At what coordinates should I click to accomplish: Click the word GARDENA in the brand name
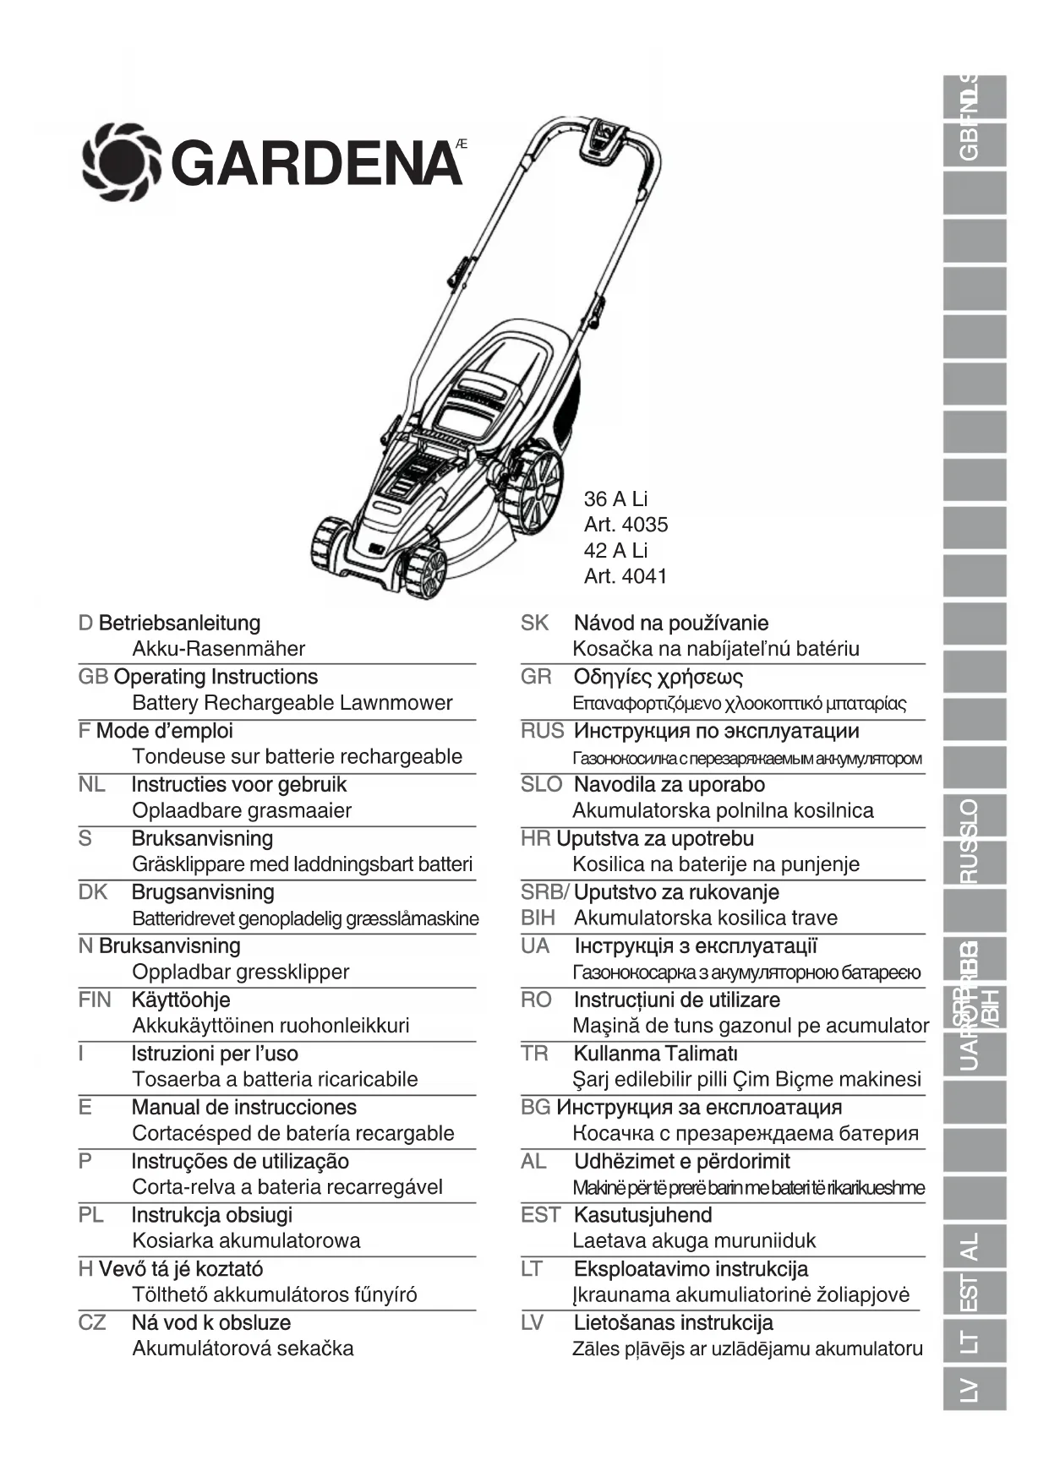[317, 163]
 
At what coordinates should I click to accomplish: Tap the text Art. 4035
[626, 525]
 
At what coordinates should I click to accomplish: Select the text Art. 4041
[626, 576]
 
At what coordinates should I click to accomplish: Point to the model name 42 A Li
[615, 550]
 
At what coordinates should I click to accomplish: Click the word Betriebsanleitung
[179, 624]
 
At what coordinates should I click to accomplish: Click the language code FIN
[95, 1000]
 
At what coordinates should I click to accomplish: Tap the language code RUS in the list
[542, 732]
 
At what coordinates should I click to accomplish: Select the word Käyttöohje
[181, 1000]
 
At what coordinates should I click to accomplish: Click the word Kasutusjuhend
[642, 1216]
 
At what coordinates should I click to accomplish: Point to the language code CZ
[92, 1323]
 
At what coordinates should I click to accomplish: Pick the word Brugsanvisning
[203, 893]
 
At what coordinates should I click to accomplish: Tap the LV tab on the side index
[971, 1389]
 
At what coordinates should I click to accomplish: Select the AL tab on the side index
[971, 1246]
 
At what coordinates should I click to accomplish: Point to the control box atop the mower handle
[605, 137]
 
